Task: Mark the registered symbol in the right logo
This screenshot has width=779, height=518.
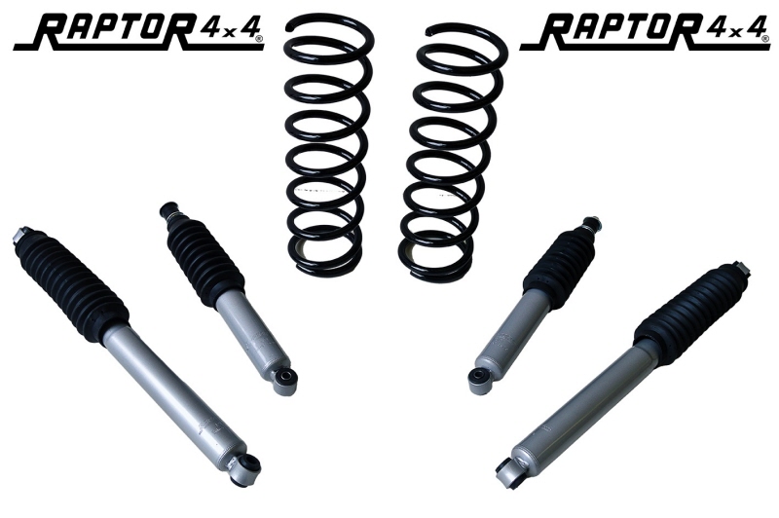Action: [x=763, y=38]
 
